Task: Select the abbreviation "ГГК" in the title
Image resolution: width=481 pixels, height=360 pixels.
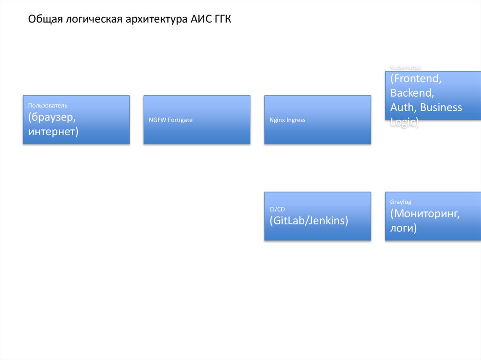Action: (221, 19)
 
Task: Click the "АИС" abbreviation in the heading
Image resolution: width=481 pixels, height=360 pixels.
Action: (200, 19)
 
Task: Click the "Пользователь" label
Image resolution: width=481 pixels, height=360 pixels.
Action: (47, 106)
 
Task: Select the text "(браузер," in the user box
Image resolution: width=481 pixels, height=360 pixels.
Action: (52, 117)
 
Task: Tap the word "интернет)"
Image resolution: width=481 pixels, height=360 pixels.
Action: (53, 131)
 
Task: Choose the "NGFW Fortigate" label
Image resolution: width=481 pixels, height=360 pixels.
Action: (170, 120)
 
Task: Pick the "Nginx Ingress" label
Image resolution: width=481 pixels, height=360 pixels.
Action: (287, 120)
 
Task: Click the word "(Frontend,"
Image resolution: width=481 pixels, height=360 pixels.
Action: (416, 78)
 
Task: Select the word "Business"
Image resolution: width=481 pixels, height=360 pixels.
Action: (441, 107)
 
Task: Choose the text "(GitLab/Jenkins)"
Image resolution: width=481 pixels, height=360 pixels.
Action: (309, 221)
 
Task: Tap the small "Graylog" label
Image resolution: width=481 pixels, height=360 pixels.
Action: (401, 202)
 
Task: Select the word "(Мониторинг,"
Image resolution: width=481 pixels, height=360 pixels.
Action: (425, 214)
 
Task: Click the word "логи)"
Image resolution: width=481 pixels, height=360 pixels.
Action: (403, 229)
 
